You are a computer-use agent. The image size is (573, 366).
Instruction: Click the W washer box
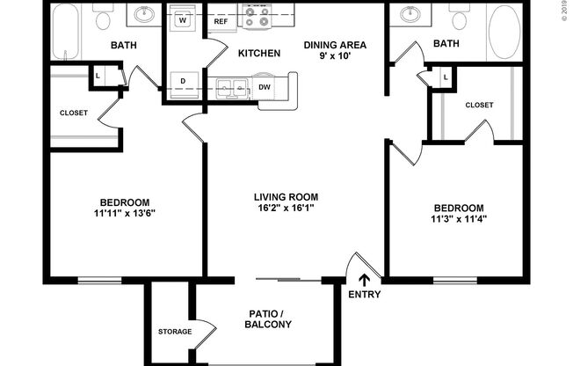pyautogui.click(x=185, y=18)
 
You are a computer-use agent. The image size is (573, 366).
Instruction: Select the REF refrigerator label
pyautogui.click(x=222, y=21)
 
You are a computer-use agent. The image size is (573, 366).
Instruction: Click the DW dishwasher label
pyautogui.click(x=265, y=87)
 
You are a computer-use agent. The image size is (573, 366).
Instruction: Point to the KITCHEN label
pyautogui.click(x=259, y=54)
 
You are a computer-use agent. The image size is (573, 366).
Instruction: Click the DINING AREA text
pyautogui.click(x=335, y=45)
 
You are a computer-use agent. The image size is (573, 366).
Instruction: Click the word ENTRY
pyautogui.click(x=365, y=295)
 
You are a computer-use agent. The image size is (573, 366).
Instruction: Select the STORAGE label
pyautogui.click(x=175, y=332)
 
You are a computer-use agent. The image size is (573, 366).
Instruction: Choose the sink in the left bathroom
pyautogui.click(x=145, y=15)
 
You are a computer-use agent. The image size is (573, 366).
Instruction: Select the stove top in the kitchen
pyautogui.click(x=259, y=16)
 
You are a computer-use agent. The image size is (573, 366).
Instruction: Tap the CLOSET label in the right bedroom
pyautogui.click(x=479, y=105)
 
